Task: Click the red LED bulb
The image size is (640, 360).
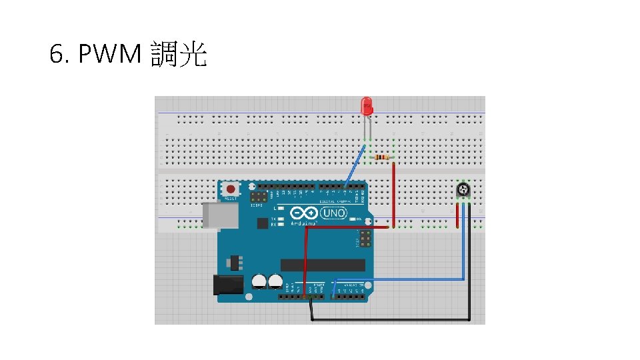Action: point(367,105)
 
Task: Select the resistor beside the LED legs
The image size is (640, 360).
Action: point(382,157)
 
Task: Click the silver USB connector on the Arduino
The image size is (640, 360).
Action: point(219,215)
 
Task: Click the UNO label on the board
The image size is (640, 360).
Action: point(333,213)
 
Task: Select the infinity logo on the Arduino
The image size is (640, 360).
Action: point(304,214)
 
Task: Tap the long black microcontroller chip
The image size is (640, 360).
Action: point(323,265)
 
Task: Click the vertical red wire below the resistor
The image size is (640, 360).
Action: point(393,193)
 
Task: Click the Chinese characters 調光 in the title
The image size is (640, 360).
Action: point(179,55)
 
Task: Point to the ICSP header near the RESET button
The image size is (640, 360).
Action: point(259,198)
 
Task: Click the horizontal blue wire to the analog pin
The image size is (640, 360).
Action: point(400,279)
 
